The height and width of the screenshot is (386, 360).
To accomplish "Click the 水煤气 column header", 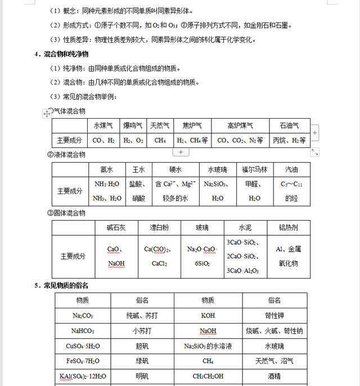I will click(x=103, y=125).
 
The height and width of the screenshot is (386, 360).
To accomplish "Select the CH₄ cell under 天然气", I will click(x=160, y=140).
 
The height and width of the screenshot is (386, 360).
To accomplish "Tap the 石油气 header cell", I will click(x=289, y=125).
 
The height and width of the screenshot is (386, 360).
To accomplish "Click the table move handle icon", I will click(x=47, y=113).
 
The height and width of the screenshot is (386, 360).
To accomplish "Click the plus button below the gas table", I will click(x=180, y=152).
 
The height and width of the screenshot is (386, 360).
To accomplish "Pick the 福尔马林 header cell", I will click(x=254, y=169).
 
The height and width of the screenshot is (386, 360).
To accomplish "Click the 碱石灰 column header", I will click(x=116, y=228).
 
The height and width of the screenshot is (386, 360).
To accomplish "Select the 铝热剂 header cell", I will click(x=289, y=228).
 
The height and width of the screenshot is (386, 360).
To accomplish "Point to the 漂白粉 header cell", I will click(x=159, y=228).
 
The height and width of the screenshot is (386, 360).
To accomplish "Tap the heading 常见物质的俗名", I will click(x=66, y=285).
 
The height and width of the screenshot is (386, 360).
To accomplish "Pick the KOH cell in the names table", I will click(x=208, y=316).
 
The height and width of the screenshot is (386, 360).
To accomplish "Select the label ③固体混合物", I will click(x=66, y=213).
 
